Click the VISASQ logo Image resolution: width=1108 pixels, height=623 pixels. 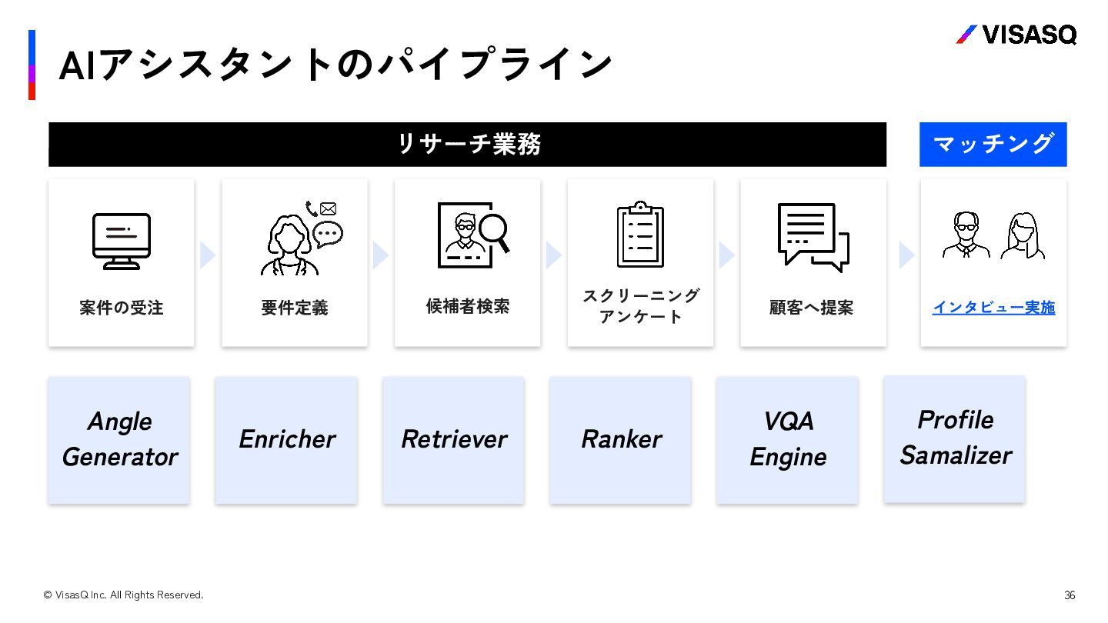(1016, 35)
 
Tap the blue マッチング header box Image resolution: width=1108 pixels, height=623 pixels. (993, 145)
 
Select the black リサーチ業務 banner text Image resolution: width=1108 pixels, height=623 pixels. (468, 145)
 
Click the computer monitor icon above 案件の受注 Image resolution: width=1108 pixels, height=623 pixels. (122, 241)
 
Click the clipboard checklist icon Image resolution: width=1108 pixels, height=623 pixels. (640, 235)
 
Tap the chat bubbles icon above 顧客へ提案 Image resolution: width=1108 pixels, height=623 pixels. (813, 237)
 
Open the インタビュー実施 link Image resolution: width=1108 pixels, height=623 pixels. (993, 308)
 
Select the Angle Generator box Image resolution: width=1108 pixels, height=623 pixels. (119, 440)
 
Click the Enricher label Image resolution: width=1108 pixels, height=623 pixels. (286, 439)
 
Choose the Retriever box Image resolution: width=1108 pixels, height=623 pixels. (453, 440)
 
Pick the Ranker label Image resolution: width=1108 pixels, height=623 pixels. (620, 439)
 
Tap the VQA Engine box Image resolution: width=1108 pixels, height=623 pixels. (787, 440)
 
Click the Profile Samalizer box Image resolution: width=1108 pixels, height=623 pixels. (954, 438)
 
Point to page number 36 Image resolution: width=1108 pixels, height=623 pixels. (1070, 595)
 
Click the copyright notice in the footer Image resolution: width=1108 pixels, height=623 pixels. (123, 595)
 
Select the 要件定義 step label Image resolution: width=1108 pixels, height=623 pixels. (295, 308)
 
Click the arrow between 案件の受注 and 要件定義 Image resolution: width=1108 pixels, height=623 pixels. (208, 255)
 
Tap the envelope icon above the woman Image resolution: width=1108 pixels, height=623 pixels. (329, 208)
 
